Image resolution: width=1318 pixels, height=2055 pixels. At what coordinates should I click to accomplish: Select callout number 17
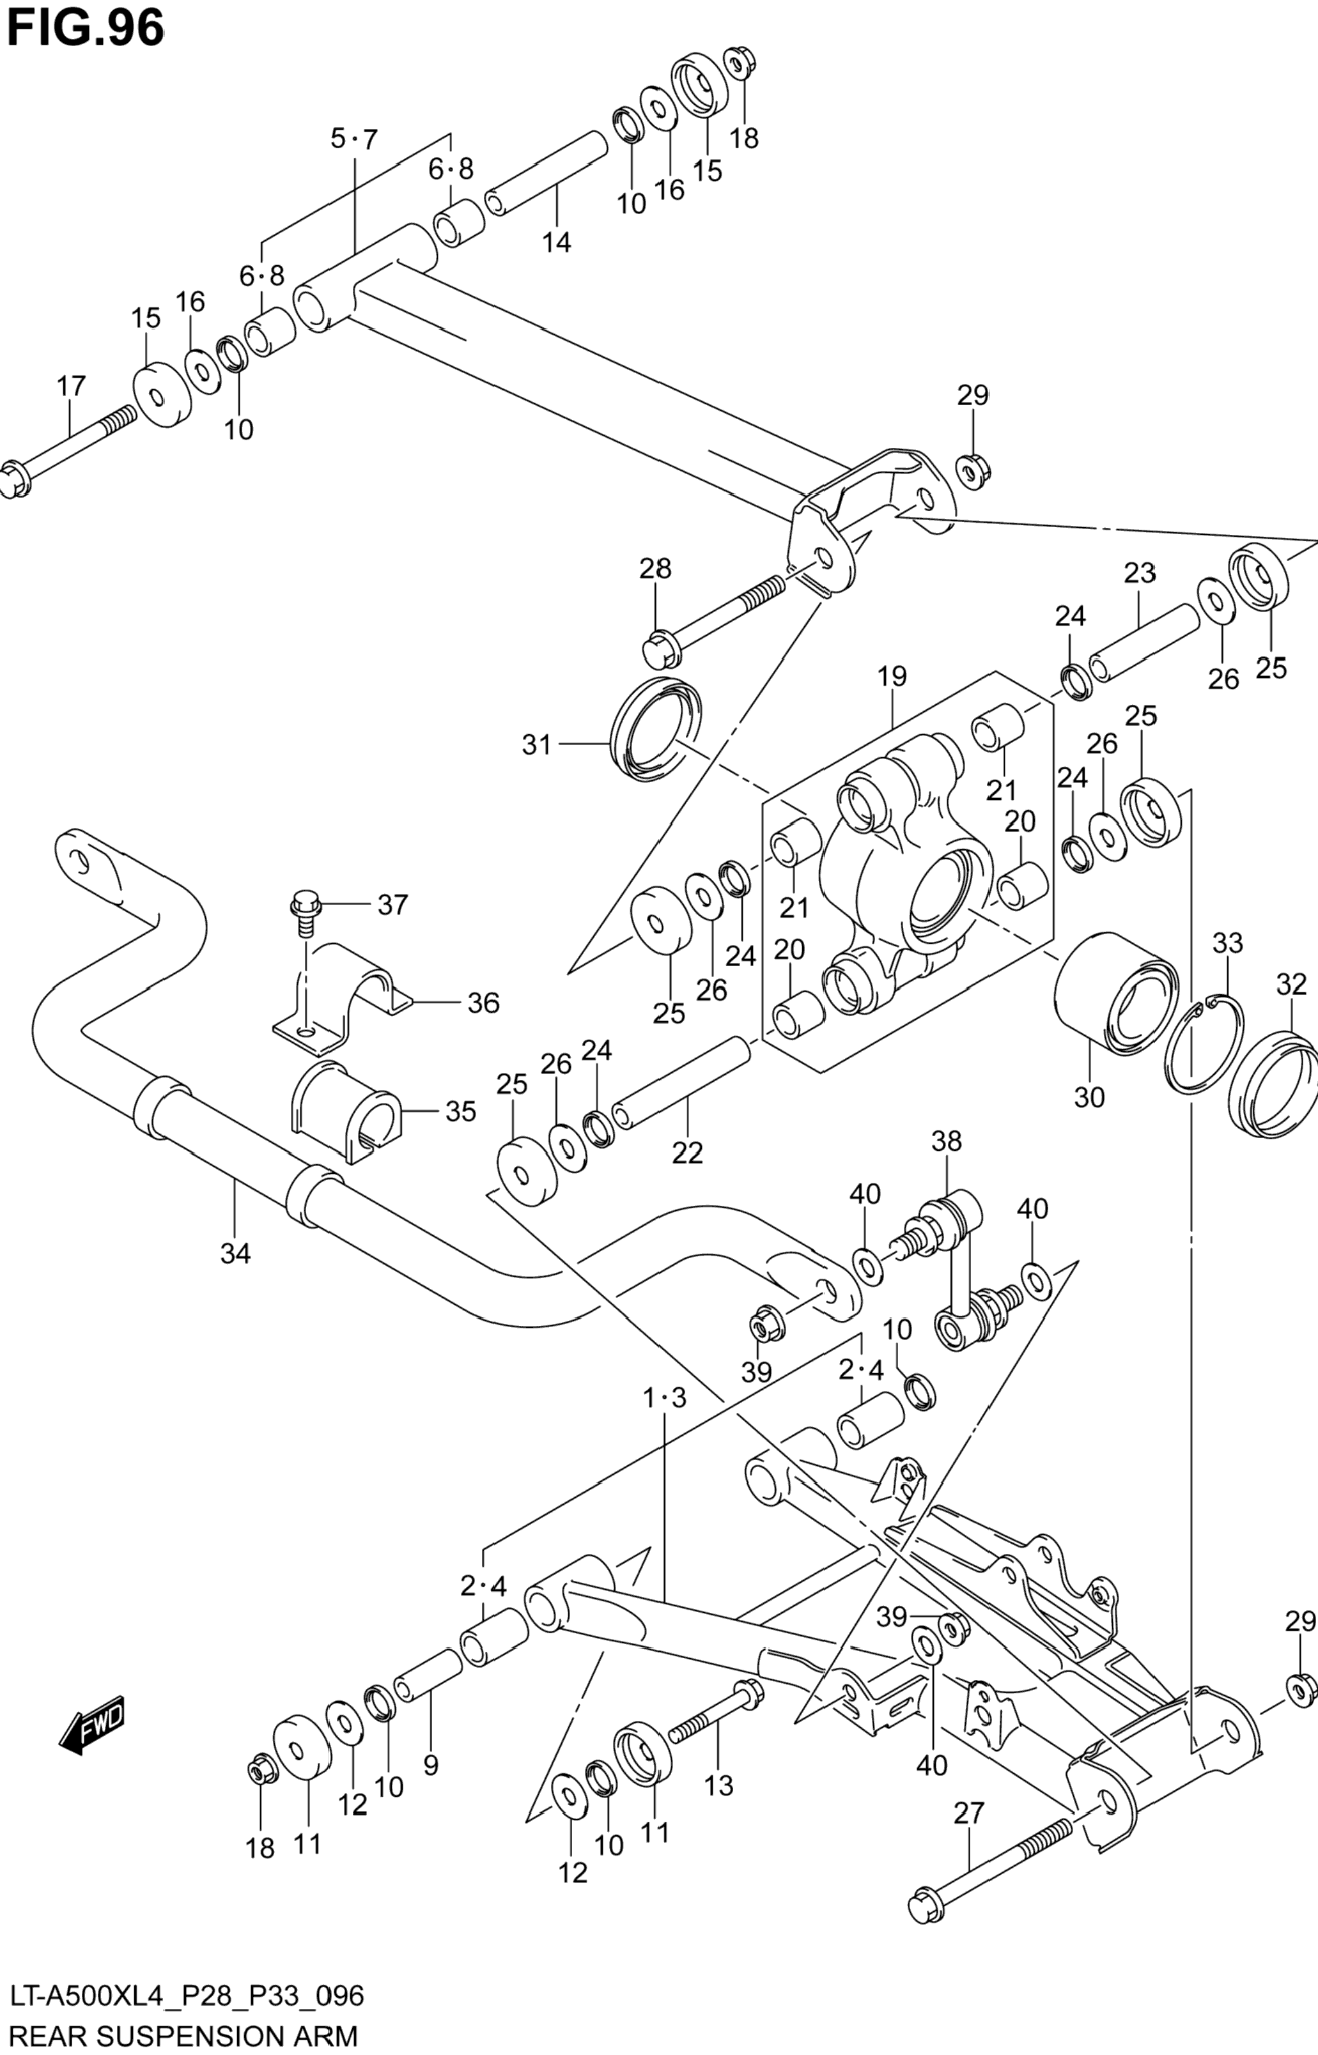(72, 386)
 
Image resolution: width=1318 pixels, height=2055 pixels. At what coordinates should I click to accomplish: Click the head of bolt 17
(15, 479)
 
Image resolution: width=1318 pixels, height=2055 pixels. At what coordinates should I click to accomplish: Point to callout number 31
(537, 745)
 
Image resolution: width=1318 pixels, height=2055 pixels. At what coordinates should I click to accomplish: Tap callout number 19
(891, 677)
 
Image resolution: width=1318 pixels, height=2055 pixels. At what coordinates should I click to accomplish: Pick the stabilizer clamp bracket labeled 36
(343, 1001)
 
